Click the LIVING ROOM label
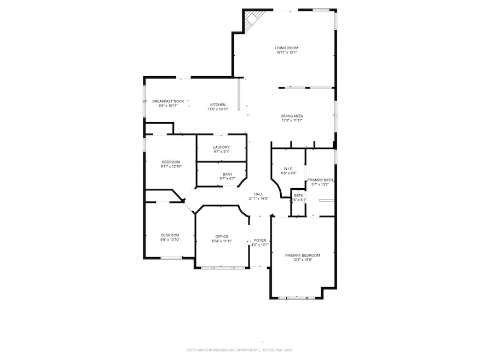click(x=287, y=48)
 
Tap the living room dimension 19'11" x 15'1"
click(x=287, y=53)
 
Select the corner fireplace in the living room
click(x=251, y=22)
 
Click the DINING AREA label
click(x=292, y=115)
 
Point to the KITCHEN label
click(x=218, y=104)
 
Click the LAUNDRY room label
click(x=221, y=147)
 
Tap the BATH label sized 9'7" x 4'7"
click(x=221, y=174)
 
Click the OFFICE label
click(x=222, y=236)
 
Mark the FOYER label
click(x=259, y=240)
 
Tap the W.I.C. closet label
click(x=289, y=169)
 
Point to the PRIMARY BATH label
click(x=320, y=180)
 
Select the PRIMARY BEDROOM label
click(x=302, y=255)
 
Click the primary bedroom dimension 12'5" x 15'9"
click(x=302, y=260)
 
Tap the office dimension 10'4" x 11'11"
click(x=222, y=241)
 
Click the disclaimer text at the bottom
click(x=239, y=350)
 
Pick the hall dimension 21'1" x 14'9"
click(x=258, y=199)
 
